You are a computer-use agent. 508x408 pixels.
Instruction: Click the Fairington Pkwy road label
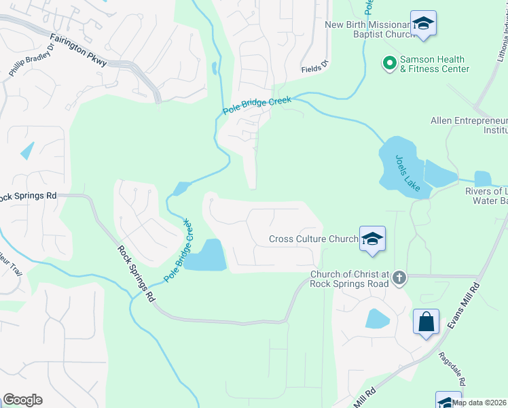pyautogui.click(x=78, y=50)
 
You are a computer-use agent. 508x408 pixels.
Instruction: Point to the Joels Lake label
pyautogui.click(x=408, y=173)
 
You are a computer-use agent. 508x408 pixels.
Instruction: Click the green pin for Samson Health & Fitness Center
pyautogui.click(x=390, y=64)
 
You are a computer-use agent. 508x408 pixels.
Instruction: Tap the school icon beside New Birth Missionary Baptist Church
pyautogui.click(x=424, y=25)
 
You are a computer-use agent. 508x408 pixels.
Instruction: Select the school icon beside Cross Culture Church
pyautogui.click(x=372, y=239)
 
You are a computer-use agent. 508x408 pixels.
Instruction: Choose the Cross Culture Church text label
pyautogui.click(x=313, y=239)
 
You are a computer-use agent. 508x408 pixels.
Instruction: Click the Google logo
pyautogui.click(x=22, y=400)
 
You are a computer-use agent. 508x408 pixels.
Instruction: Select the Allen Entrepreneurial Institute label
pyautogui.click(x=469, y=125)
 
